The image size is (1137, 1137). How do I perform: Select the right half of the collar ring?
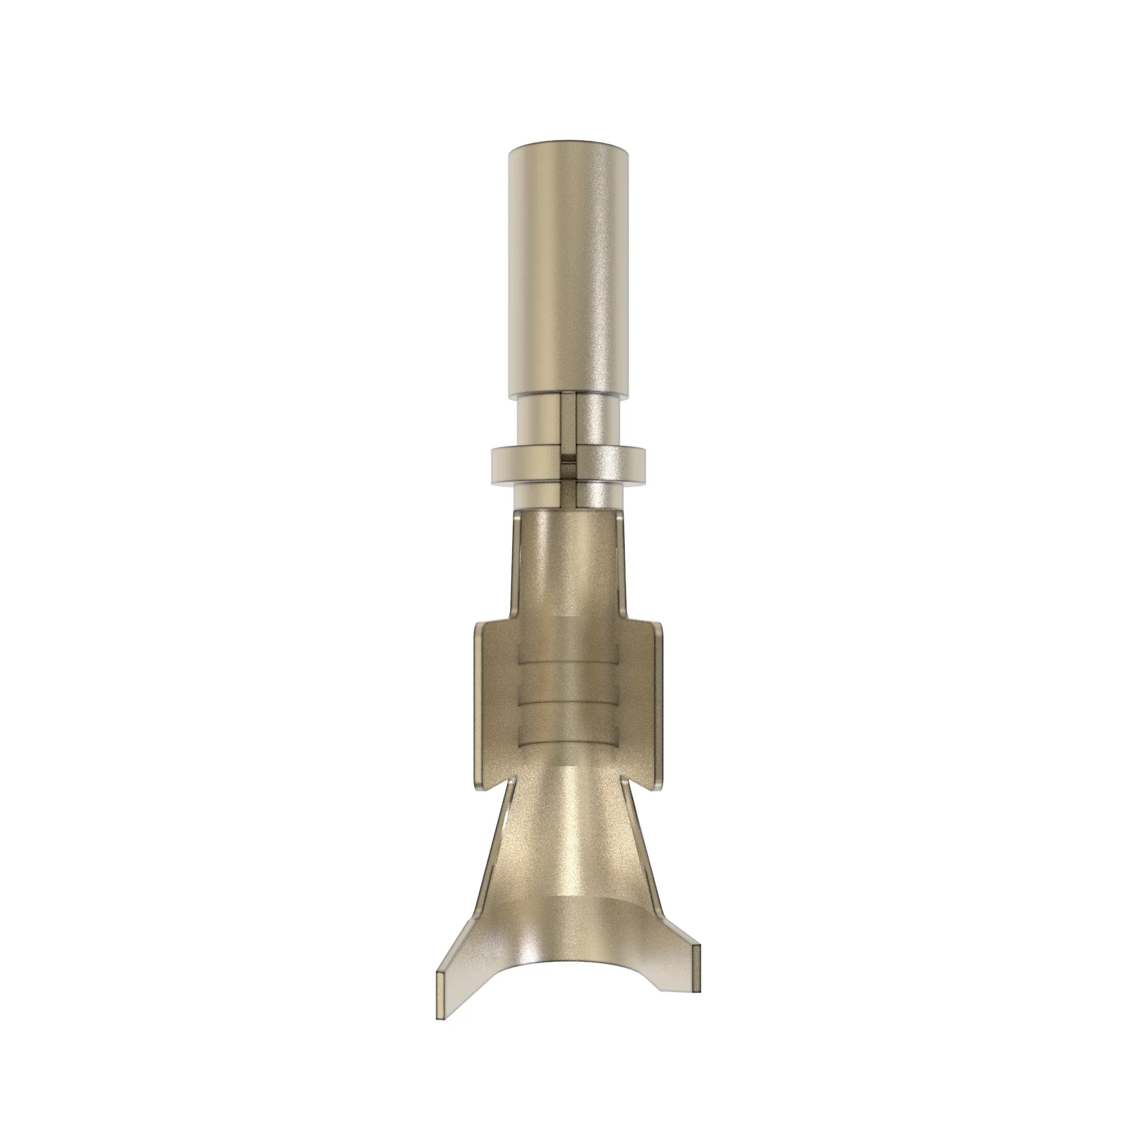point(612,465)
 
